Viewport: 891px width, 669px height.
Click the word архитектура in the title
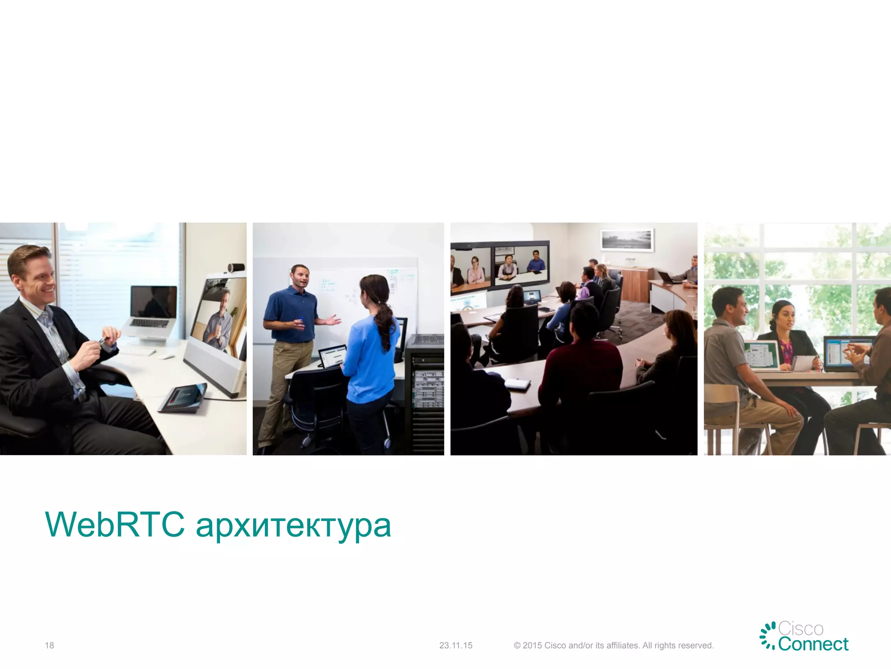[x=294, y=527]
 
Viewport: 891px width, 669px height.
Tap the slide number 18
[x=49, y=645]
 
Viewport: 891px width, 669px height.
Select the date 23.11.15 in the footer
[x=456, y=645]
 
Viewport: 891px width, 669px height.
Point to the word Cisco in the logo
[x=801, y=629]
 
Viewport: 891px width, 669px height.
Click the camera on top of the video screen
[x=236, y=267]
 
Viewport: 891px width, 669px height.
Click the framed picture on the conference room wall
[x=627, y=240]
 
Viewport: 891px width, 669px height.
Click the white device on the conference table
[x=517, y=384]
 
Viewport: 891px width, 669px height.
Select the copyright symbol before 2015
[x=517, y=645]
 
